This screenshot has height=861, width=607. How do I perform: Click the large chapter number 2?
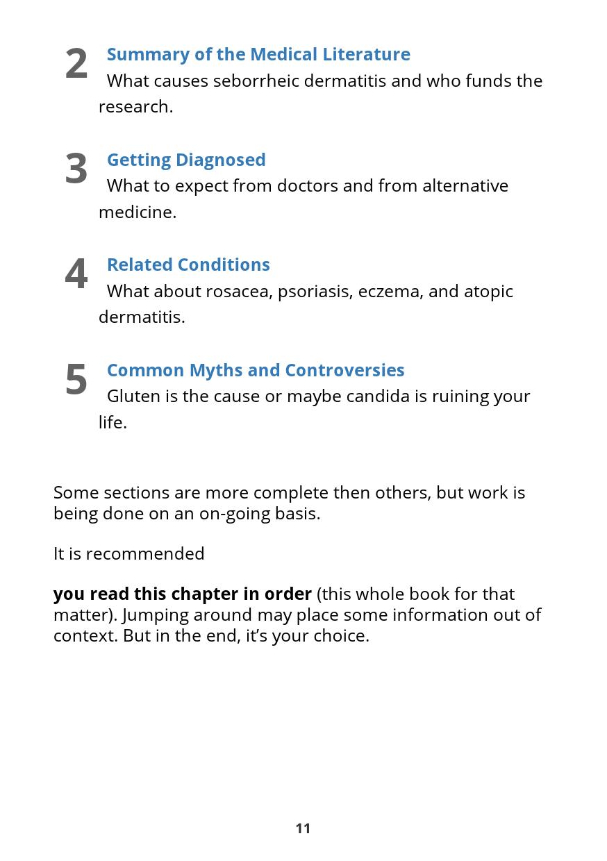point(76,64)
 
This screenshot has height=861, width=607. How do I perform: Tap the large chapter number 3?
point(76,169)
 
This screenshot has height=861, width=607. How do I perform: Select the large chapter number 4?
point(76,274)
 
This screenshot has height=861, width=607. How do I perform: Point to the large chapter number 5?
point(76,380)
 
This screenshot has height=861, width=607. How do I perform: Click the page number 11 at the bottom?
point(303,828)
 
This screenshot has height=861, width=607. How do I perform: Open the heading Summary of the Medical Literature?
point(258,54)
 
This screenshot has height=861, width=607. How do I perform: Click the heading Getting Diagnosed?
point(186,160)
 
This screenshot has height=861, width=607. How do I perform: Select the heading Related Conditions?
point(188,265)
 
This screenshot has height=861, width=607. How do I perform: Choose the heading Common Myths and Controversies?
point(256,370)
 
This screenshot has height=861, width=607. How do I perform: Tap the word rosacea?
point(239,291)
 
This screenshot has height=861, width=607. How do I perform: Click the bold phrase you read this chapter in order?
point(182,594)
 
